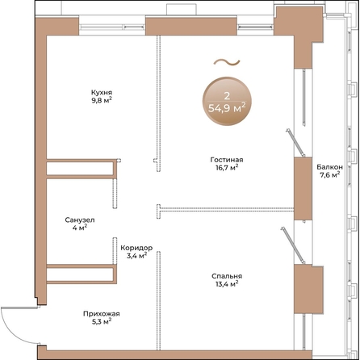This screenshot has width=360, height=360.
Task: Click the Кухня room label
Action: pyautogui.click(x=102, y=93)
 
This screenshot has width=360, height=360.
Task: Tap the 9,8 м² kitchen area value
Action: pyautogui.click(x=102, y=101)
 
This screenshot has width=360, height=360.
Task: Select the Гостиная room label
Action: pyautogui.click(x=227, y=160)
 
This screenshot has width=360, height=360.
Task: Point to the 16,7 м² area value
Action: pyautogui.click(x=227, y=168)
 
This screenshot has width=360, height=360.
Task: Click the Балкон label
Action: pyautogui.click(x=329, y=167)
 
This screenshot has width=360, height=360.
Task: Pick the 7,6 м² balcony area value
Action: pyautogui.click(x=329, y=175)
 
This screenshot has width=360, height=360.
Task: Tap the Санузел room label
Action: pyautogui.click(x=80, y=220)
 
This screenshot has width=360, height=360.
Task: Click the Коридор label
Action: pyautogui.click(x=136, y=248)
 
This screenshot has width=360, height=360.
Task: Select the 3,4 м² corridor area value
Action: pyautogui.click(x=136, y=255)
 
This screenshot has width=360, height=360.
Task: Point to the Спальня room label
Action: pyautogui.click(x=227, y=276)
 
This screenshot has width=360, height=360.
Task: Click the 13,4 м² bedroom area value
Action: pyautogui.click(x=227, y=284)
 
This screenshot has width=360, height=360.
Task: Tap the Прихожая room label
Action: pyautogui.click(x=102, y=314)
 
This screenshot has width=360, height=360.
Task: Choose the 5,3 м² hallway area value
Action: pyautogui.click(x=102, y=321)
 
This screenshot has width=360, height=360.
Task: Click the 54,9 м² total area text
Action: pyautogui.click(x=227, y=108)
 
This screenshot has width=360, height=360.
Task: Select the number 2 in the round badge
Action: pyautogui.click(x=227, y=96)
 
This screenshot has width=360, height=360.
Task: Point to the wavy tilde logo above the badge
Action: pyautogui.click(x=227, y=62)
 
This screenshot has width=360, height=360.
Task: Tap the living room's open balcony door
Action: pyautogui.click(x=295, y=143)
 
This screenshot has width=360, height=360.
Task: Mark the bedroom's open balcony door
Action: pyautogui.click(x=293, y=245)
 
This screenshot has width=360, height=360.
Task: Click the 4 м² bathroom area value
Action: pyautogui.click(x=80, y=228)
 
